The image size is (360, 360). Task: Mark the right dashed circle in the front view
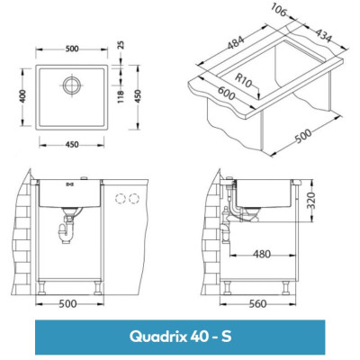click(x=136, y=198)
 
